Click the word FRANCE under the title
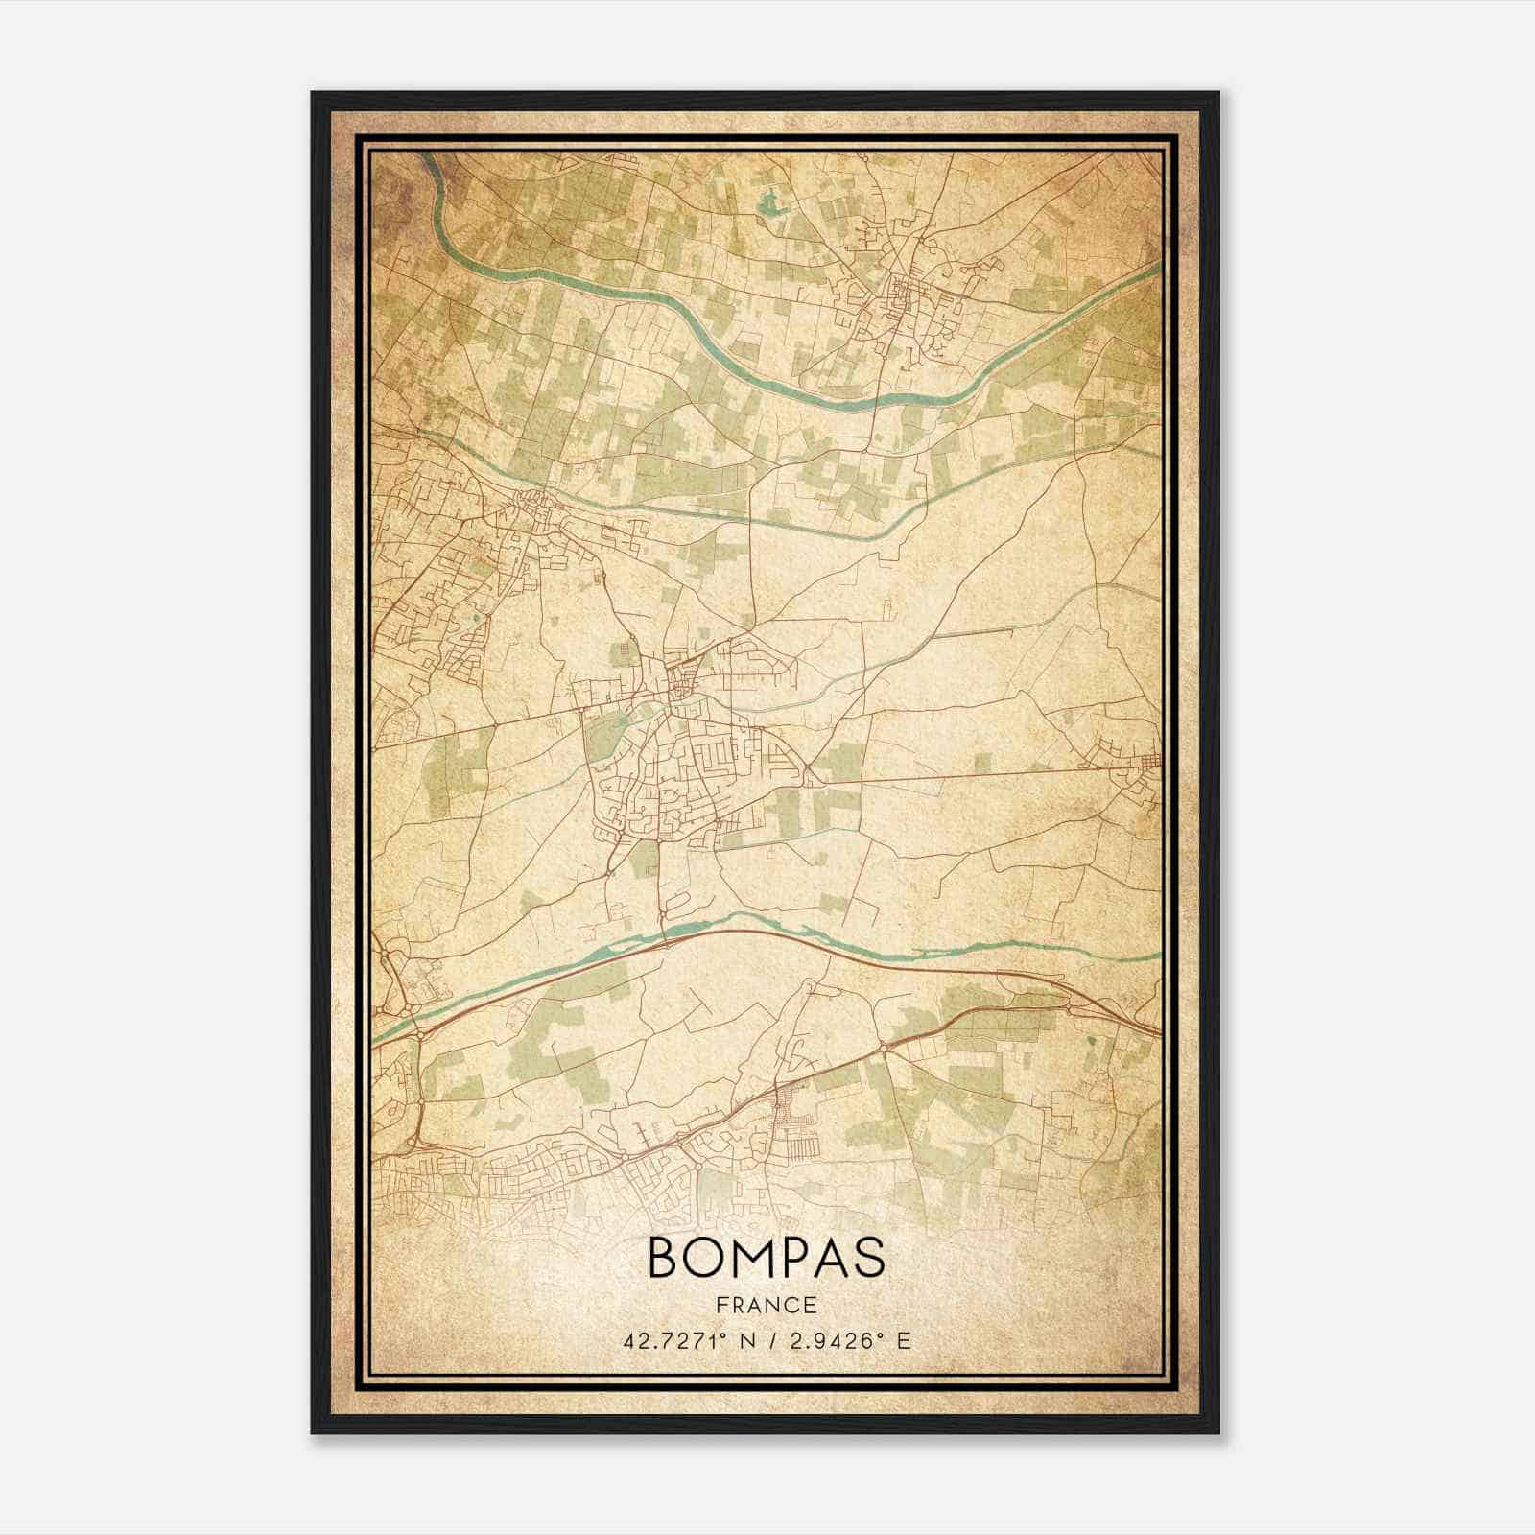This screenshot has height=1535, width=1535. [x=767, y=1305]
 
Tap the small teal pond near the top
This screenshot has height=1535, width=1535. [x=767, y=202]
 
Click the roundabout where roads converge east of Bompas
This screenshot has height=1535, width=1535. [x=811, y=773]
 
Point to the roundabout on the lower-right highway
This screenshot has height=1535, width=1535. [x=884, y=1049]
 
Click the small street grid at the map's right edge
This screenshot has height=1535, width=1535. [x=1137, y=763]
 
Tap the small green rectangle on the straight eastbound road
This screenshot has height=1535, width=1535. [x=982, y=763]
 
